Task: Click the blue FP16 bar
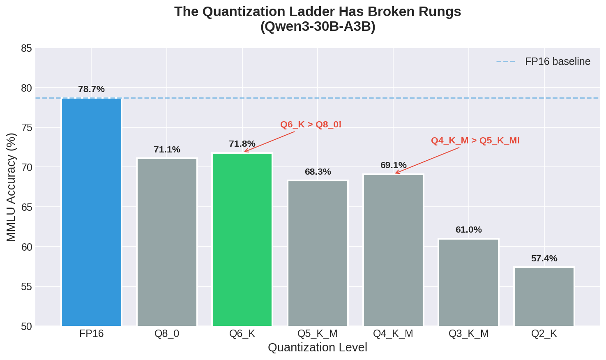pyautogui.click(x=91, y=212)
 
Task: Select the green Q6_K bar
pyautogui.click(x=242, y=239)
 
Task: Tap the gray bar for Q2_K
pyautogui.click(x=544, y=296)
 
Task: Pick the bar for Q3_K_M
pyautogui.click(x=468, y=282)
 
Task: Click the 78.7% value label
pyautogui.click(x=91, y=89)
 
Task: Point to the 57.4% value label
pyautogui.click(x=544, y=258)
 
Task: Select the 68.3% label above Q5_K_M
pyautogui.click(x=318, y=172)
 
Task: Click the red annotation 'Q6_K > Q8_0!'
pyautogui.click(x=311, y=125)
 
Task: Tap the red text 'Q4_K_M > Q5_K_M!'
pyautogui.click(x=475, y=141)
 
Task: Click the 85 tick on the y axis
pyautogui.click(x=26, y=48)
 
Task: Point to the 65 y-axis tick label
pyautogui.click(x=26, y=207)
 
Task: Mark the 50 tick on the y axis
pyautogui.click(x=26, y=326)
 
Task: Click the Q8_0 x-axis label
pyautogui.click(x=167, y=334)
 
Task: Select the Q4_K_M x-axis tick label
pyautogui.click(x=393, y=334)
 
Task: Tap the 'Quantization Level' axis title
pyautogui.click(x=317, y=348)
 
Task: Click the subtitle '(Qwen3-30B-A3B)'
pyautogui.click(x=318, y=27)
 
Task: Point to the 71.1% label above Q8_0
pyautogui.click(x=167, y=150)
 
